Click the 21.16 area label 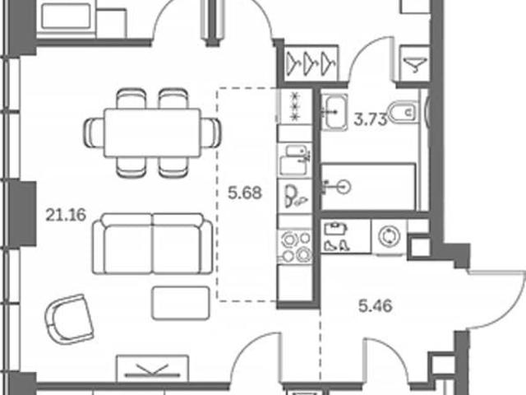[x=66, y=215]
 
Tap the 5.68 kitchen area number [x=245, y=193]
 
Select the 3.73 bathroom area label [x=371, y=119]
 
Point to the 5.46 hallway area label [x=376, y=306]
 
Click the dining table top [x=153, y=132]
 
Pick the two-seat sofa [x=153, y=244]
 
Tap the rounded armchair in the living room [x=69, y=319]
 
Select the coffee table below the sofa [x=181, y=303]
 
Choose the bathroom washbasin [x=335, y=112]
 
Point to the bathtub [x=368, y=187]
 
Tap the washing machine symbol [x=389, y=236]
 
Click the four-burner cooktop [x=295, y=247]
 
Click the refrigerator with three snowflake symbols [x=294, y=106]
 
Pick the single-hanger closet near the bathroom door [x=415, y=64]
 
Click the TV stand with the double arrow [x=153, y=369]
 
